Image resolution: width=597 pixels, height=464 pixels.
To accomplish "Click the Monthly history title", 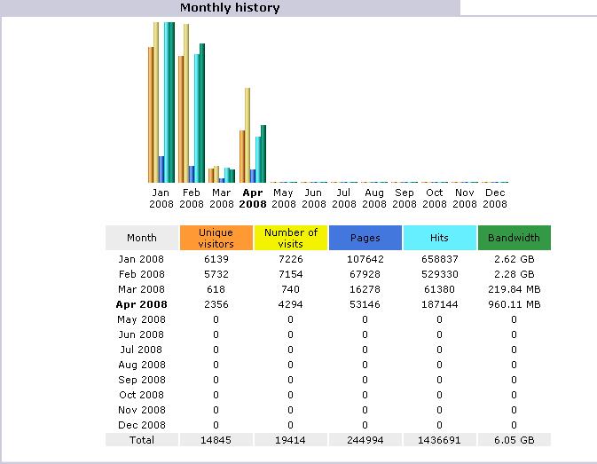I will (230, 8).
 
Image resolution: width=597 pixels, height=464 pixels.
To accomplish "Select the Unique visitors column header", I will (216, 238).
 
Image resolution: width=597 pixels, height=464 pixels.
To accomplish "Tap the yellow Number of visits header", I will (291, 238).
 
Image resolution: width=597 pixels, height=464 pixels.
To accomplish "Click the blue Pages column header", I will (365, 238).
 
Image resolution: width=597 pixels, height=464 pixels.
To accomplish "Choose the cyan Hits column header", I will (440, 238).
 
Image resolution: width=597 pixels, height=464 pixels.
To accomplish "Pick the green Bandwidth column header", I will (515, 238).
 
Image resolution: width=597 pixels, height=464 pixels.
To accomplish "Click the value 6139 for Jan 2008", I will (216, 259).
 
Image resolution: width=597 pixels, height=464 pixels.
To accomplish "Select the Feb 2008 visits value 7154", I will (291, 274).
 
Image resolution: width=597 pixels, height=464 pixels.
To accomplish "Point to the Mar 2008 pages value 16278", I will (365, 289).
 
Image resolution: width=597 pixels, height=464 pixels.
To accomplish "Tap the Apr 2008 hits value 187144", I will (440, 304).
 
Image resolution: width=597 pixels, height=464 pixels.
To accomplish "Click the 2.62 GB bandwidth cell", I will (515, 259).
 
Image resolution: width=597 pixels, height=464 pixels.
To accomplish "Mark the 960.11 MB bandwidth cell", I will (515, 304).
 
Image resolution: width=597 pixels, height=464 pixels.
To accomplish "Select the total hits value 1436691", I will (440, 440).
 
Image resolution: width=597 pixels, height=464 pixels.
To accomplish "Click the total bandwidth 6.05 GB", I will (515, 440).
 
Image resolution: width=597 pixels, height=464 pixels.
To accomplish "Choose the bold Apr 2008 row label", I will (142, 304).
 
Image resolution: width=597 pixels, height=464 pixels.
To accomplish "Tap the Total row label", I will (142, 440).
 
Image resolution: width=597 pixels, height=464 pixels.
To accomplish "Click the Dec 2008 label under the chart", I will (495, 198).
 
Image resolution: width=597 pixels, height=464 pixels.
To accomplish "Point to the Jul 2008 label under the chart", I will (344, 198).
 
